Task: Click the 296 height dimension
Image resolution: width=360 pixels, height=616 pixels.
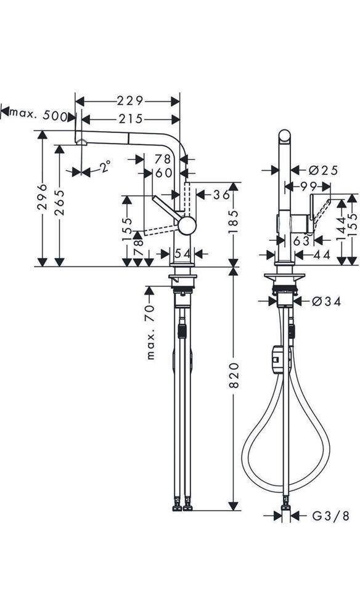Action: [42, 198]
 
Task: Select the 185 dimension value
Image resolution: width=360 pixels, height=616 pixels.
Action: [233, 224]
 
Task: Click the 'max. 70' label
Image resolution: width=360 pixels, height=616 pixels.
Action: [150, 333]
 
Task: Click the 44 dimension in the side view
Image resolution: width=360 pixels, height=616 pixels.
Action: [321, 254]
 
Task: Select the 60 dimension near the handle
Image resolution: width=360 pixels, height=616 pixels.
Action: [163, 173]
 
